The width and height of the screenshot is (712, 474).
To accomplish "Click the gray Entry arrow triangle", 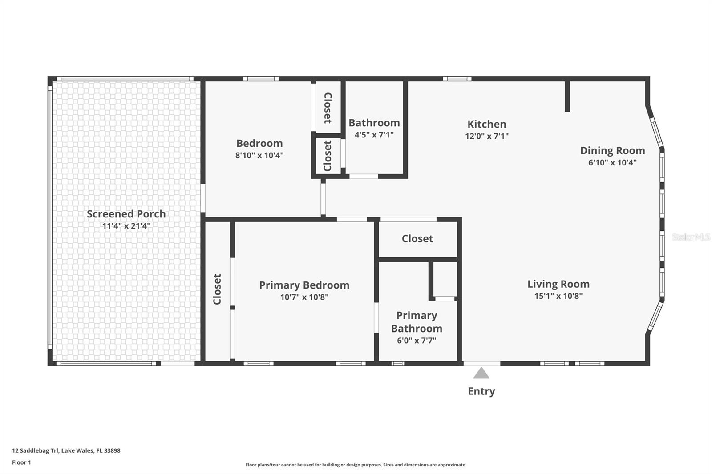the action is click(481, 374).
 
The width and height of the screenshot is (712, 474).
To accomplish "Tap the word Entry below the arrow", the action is click(481, 391).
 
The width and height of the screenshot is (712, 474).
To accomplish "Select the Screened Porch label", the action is click(126, 214).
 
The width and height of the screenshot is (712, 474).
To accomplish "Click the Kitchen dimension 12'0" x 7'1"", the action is click(487, 136).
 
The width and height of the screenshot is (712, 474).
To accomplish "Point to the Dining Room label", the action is click(612, 150).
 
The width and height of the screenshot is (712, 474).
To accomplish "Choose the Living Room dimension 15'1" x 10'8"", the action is click(558, 296).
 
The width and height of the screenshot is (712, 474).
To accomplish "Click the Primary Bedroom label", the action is click(304, 285).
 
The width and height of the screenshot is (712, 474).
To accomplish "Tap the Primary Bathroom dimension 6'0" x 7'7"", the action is click(417, 341).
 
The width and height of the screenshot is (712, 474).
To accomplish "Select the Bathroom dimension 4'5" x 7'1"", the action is click(374, 134).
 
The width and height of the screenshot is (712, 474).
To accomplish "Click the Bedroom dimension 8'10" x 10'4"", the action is click(259, 155).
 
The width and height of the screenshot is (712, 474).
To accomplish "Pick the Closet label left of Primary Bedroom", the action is click(217, 289).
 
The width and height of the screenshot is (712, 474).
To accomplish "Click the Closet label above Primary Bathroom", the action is click(417, 239).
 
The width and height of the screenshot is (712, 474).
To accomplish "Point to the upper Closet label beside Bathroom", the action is click(328, 108).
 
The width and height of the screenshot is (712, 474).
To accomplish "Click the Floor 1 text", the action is click(21, 462).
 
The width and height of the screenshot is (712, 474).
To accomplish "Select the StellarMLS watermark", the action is click(691, 237).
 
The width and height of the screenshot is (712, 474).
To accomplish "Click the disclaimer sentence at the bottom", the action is click(356, 465).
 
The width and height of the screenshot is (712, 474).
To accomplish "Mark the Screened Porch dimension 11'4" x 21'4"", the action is click(126, 226).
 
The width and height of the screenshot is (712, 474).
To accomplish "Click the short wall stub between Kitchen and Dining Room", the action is click(567, 96).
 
